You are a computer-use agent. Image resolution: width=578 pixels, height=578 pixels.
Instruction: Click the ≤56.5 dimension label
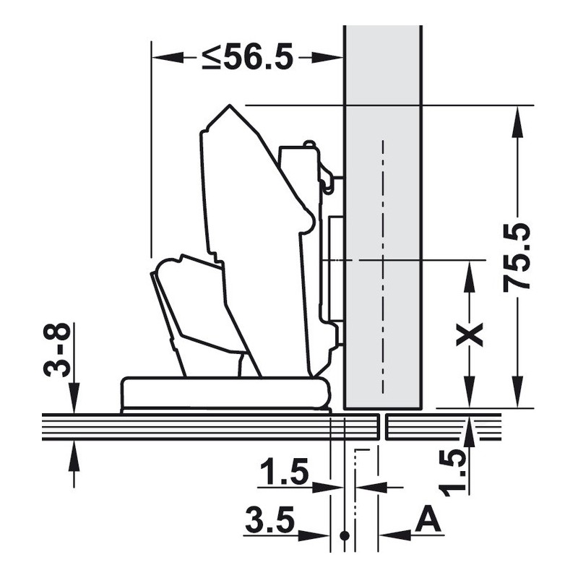coord(247,57)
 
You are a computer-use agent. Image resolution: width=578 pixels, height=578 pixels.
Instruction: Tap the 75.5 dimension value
coord(517,257)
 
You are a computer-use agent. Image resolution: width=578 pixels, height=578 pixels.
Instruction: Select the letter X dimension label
coord(470,335)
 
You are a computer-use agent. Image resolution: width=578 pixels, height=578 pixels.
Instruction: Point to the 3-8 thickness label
coord(57,350)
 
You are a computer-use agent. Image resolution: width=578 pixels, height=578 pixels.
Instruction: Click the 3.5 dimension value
coord(270,520)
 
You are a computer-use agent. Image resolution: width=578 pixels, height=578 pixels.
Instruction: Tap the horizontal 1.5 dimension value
coord(284,471)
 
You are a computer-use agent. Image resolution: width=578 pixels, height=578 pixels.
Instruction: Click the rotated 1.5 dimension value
coord(453,473)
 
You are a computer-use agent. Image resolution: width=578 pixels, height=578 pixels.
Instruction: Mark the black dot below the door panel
coord(345,535)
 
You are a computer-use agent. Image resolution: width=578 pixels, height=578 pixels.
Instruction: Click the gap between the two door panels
coord(383,427)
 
